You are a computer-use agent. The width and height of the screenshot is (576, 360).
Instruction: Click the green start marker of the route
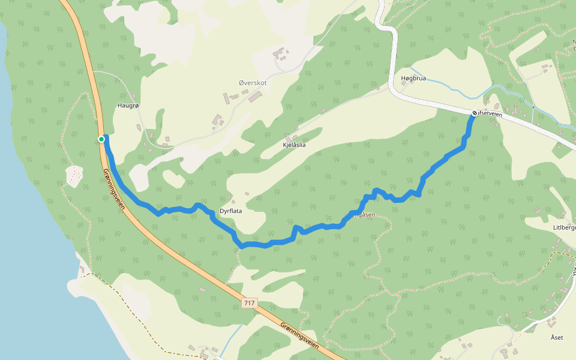tap(101, 139)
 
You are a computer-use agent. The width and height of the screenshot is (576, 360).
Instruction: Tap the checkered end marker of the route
tap(474, 112)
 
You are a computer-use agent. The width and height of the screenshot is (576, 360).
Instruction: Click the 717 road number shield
tap(250, 303)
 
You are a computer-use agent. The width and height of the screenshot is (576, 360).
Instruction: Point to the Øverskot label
tap(252, 83)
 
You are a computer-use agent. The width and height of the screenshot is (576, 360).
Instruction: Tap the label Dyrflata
tap(231, 211)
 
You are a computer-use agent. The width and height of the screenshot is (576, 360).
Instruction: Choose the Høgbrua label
tap(413, 79)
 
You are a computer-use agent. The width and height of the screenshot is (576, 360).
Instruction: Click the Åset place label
tap(557, 337)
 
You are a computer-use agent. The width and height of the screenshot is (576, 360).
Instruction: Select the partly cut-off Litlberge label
tap(564, 228)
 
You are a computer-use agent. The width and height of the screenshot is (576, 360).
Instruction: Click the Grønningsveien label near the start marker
tap(113, 188)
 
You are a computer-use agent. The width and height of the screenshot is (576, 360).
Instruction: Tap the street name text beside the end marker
tap(490, 114)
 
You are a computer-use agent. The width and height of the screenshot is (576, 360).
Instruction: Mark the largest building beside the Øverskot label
tap(256, 96)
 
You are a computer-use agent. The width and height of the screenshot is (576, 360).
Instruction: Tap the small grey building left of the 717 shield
tap(202, 290)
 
